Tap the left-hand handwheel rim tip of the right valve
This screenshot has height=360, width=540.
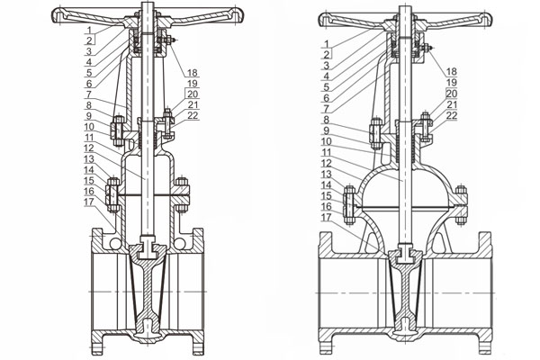pos(313,17)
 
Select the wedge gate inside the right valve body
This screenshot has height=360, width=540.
pos(409,292)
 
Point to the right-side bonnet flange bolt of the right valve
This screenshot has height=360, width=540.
pos(464,203)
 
